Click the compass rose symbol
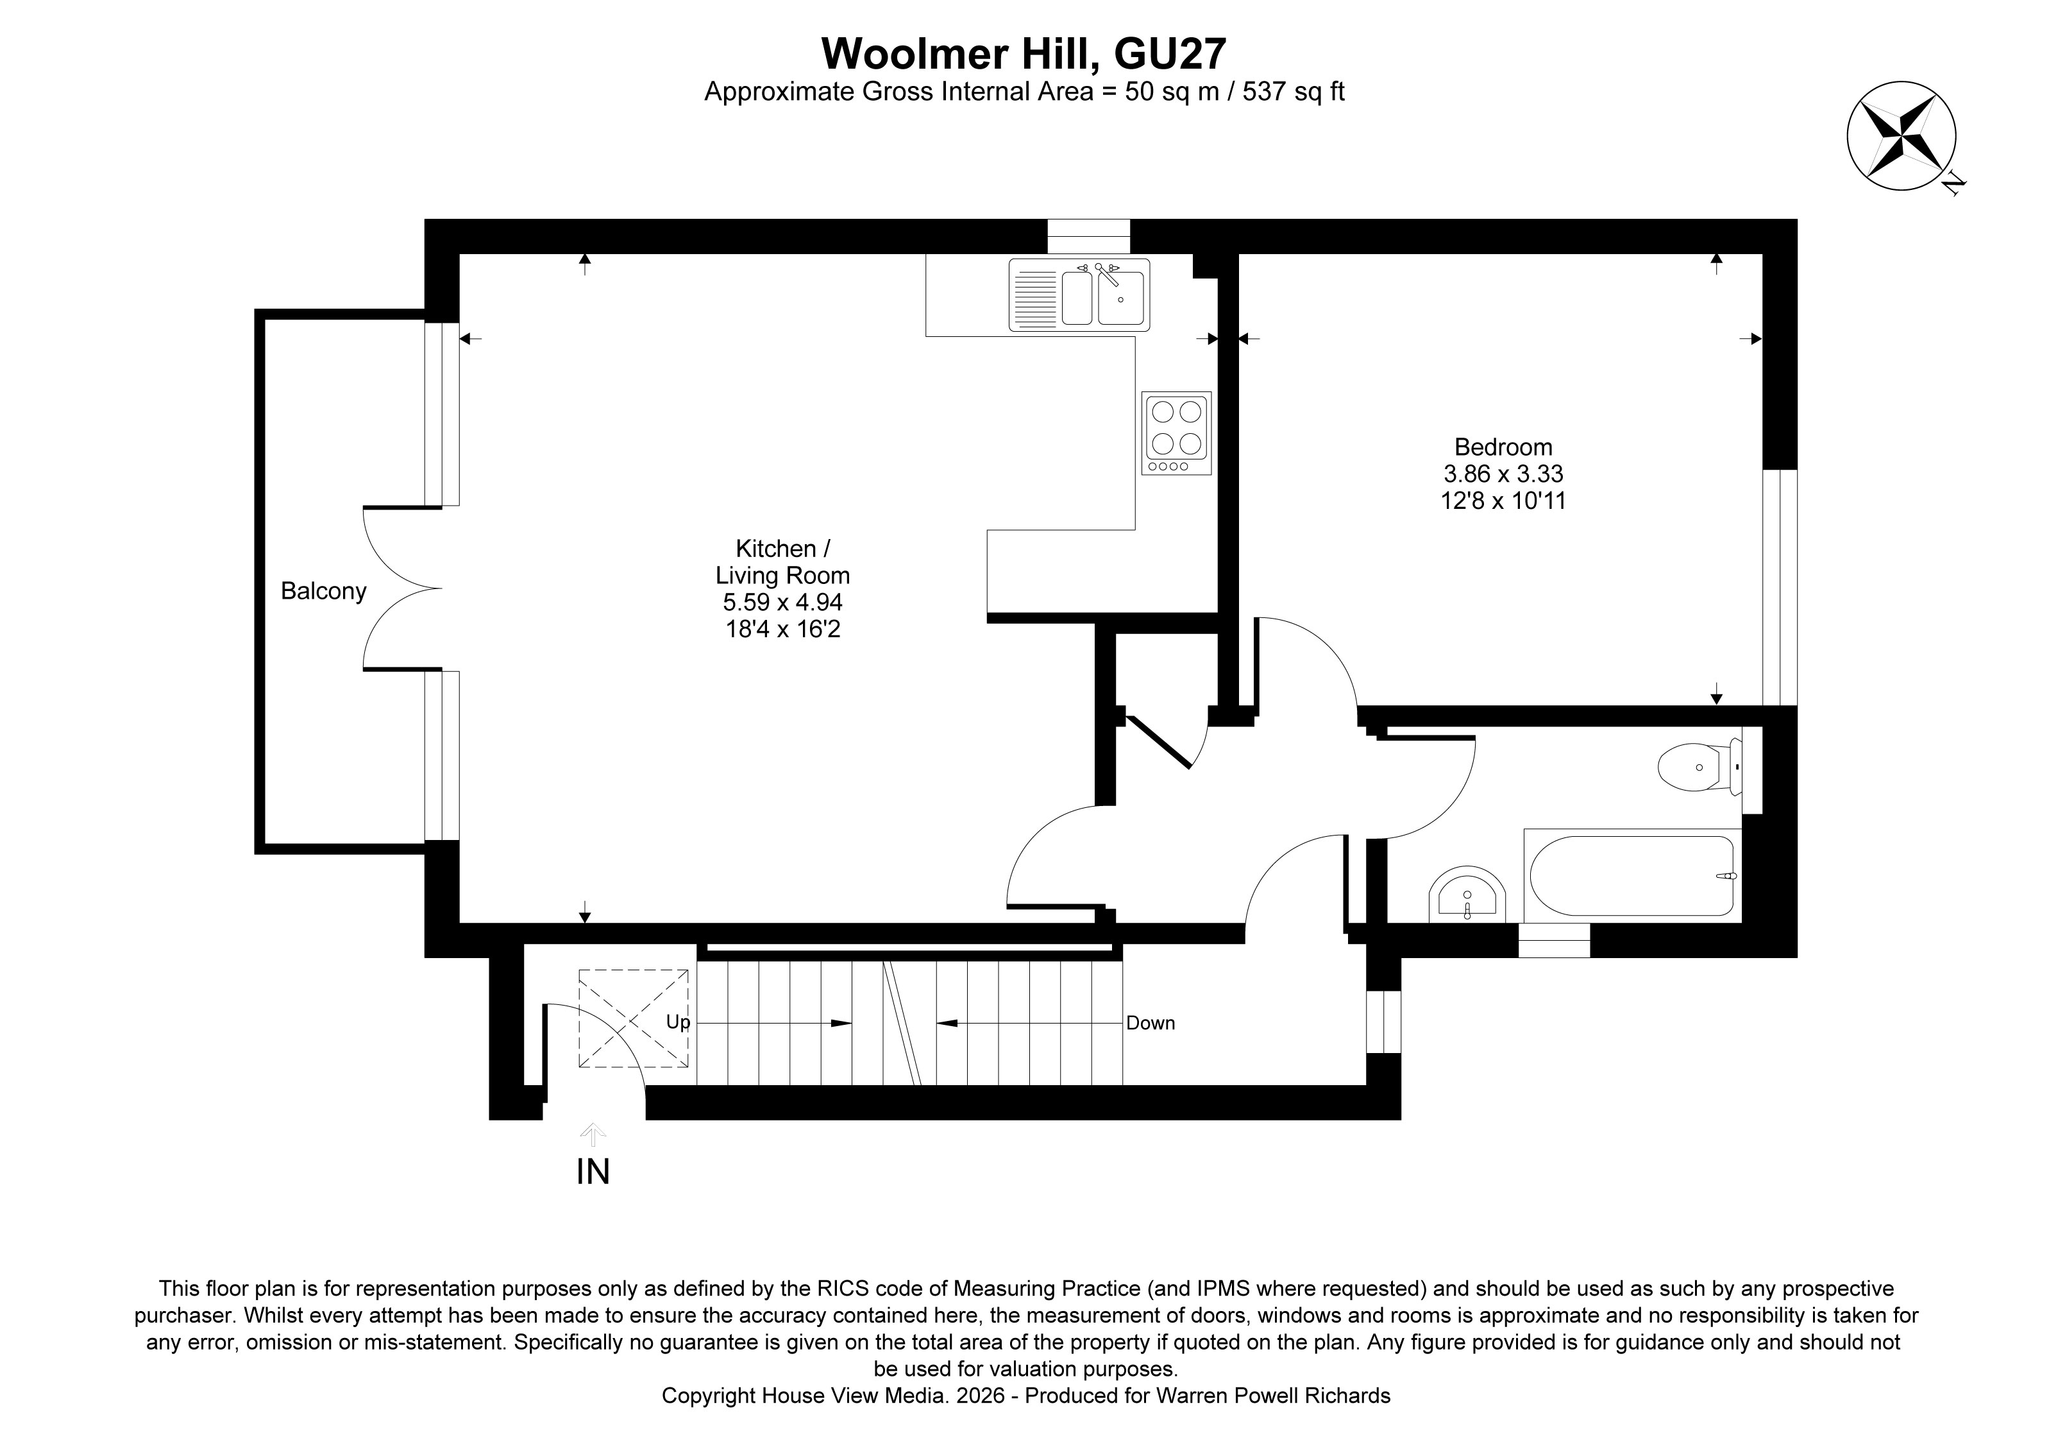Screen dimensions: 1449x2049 [x=1901, y=135]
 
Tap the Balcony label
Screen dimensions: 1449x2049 [x=323, y=591]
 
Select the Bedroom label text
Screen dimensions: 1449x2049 [x=1503, y=447]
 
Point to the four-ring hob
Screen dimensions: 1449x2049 [x=1176, y=432]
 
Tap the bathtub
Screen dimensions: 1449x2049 [x=1632, y=876]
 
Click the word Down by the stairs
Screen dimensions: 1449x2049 [x=1151, y=1023]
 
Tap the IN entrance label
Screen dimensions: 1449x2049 [x=593, y=1172]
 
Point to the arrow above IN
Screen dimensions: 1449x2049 [x=593, y=1134]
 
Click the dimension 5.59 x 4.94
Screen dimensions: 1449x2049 [x=782, y=603]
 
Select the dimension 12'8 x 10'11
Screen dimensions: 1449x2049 [x=1503, y=501]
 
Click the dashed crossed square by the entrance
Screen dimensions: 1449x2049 [x=634, y=1018]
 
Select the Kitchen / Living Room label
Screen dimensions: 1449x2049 [x=782, y=562]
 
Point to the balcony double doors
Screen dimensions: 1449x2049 [x=401, y=587]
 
